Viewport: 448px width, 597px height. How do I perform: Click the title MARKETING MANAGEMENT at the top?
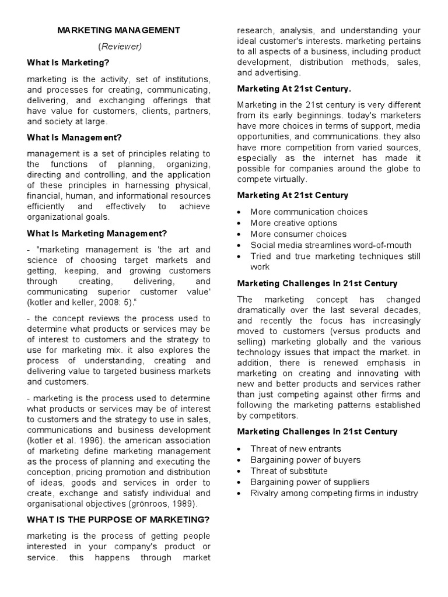click(x=118, y=30)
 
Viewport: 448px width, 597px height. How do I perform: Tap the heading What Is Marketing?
click(x=68, y=62)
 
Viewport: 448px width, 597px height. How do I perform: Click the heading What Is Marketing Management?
click(x=97, y=234)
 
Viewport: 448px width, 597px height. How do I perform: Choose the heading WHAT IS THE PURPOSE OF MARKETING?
click(x=118, y=519)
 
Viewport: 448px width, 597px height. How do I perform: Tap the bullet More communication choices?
click(x=309, y=212)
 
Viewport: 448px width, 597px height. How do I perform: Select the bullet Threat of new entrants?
click(x=296, y=449)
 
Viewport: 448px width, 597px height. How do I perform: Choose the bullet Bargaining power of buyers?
click(x=305, y=460)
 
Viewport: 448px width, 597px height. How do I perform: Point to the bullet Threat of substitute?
click(x=289, y=471)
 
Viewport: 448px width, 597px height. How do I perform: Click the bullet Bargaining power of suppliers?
click(x=310, y=482)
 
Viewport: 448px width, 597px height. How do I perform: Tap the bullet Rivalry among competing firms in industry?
click(x=334, y=493)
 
